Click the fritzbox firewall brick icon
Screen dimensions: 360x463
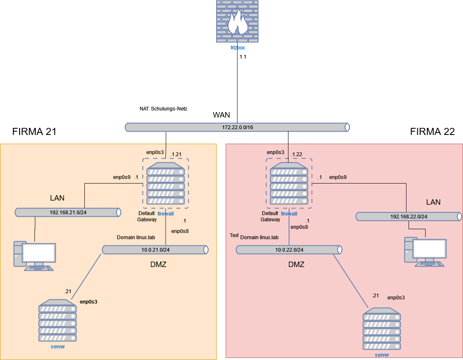pyautogui.click(x=237, y=21)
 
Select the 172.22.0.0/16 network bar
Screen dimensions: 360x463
pyautogui.click(x=237, y=127)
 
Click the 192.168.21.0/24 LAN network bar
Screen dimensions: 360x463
pyautogui.click(x=68, y=213)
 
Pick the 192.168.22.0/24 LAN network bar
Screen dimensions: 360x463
pyautogui.click(x=409, y=217)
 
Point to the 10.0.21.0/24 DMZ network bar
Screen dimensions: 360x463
pyautogui.click(x=155, y=250)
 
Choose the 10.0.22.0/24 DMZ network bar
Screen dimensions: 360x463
pyautogui.click(x=289, y=250)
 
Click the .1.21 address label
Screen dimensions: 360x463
pyautogui.click(x=176, y=154)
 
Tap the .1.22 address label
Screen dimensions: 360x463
pyautogui.click(x=296, y=154)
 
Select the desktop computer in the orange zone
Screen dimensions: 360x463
pyautogui.click(x=34, y=255)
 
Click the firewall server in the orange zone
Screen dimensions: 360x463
pyautogui.click(x=165, y=183)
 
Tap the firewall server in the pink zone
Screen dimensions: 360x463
pyautogui.click(x=289, y=183)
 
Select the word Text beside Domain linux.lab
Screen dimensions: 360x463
pyautogui.click(x=234, y=235)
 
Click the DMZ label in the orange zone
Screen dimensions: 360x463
pyautogui.click(x=158, y=264)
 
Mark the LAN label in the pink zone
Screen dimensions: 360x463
pyautogui.click(x=433, y=202)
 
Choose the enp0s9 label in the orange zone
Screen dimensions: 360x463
pyautogui.click(x=122, y=177)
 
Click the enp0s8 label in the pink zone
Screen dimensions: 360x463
pyautogui.click(x=299, y=227)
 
